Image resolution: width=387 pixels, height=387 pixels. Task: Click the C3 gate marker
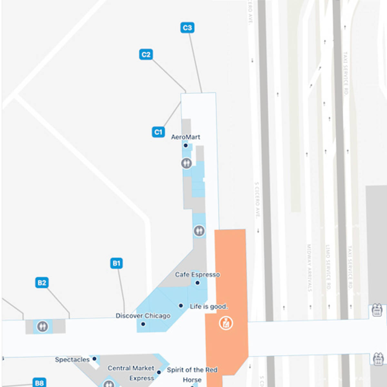click(x=187, y=28)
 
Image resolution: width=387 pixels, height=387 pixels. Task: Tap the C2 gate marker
click(x=146, y=55)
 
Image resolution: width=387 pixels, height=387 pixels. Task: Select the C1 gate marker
click(x=158, y=132)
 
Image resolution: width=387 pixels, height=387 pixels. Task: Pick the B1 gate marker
click(x=116, y=263)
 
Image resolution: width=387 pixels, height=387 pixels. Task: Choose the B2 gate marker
click(x=42, y=283)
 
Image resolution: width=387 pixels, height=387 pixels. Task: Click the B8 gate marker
click(x=39, y=383)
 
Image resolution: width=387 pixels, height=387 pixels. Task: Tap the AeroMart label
click(x=185, y=137)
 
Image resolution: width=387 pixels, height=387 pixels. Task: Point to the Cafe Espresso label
click(x=197, y=274)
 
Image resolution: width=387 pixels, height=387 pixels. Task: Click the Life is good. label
click(x=209, y=306)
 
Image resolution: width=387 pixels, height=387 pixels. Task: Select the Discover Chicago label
click(x=143, y=316)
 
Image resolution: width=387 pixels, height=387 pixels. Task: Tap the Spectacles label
click(x=72, y=360)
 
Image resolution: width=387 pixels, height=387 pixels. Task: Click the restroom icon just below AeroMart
click(x=186, y=163)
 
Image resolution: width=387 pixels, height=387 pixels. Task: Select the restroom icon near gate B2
click(x=42, y=326)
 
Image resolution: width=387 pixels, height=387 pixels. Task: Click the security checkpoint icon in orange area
click(x=226, y=323)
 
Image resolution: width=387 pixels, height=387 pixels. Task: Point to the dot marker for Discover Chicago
click(x=143, y=324)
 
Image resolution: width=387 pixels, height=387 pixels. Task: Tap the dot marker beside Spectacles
click(x=94, y=359)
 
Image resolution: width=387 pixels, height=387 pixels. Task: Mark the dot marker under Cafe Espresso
click(x=197, y=283)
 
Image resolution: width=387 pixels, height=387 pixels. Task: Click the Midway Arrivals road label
click(x=309, y=268)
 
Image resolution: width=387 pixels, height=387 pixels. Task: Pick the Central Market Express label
click(x=131, y=373)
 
